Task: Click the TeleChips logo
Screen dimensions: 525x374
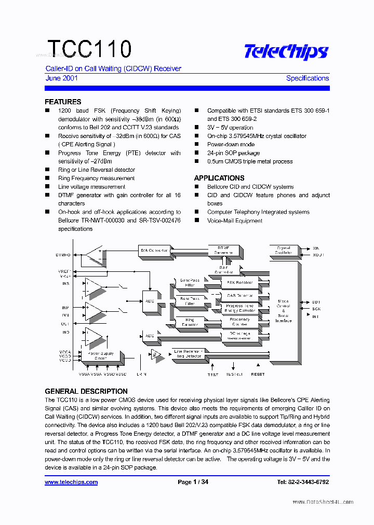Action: click(286, 52)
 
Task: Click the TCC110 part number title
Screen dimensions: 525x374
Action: click(89, 49)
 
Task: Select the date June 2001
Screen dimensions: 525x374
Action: click(61, 78)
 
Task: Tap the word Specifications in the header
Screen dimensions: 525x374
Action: click(307, 78)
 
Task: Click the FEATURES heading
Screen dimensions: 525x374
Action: click(63, 102)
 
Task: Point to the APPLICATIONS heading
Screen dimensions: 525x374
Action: click(219, 178)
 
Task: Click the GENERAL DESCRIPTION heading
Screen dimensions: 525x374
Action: click(86, 391)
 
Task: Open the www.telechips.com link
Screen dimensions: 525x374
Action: click(71, 482)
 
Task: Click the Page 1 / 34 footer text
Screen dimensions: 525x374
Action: click(193, 482)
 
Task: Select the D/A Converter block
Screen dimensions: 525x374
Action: click(155, 250)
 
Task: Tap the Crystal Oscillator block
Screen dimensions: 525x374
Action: click(284, 250)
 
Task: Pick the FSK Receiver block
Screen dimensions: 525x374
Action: click(239, 283)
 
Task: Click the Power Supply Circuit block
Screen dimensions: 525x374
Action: click(100, 356)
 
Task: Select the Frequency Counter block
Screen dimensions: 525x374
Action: click(239, 322)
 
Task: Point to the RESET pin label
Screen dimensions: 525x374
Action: click(258, 374)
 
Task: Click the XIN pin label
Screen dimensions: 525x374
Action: click(316, 248)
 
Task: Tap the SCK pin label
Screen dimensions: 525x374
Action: click(316, 309)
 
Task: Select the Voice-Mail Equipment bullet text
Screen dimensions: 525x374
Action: click(235, 220)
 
